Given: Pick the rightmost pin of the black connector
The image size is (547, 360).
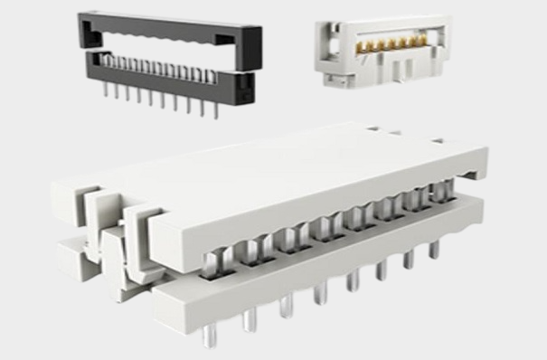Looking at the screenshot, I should [215, 109].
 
